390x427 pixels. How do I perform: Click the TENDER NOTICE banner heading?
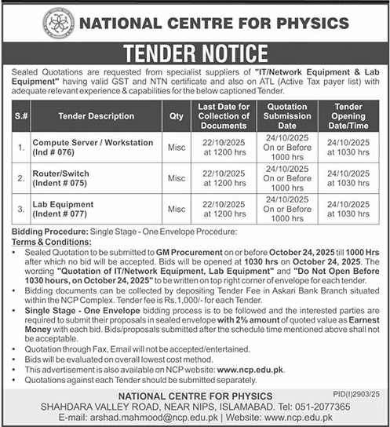pyautogui.click(x=195, y=53)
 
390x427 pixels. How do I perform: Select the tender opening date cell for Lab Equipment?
pyautogui.click(x=348, y=210)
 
